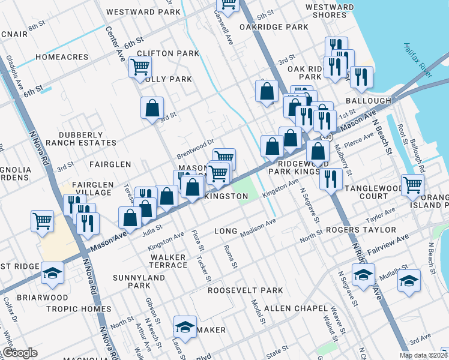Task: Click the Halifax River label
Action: (418, 60)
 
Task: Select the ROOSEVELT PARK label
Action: (245, 290)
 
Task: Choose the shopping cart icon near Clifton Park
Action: (140, 67)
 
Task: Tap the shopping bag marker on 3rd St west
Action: (152, 108)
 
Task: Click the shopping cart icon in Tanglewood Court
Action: (412, 185)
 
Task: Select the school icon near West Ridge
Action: (52, 273)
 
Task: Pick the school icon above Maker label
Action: (185, 326)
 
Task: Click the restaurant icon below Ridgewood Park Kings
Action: (331, 178)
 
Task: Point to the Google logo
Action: (20, 353)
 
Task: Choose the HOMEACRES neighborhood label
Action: (62, 58)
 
